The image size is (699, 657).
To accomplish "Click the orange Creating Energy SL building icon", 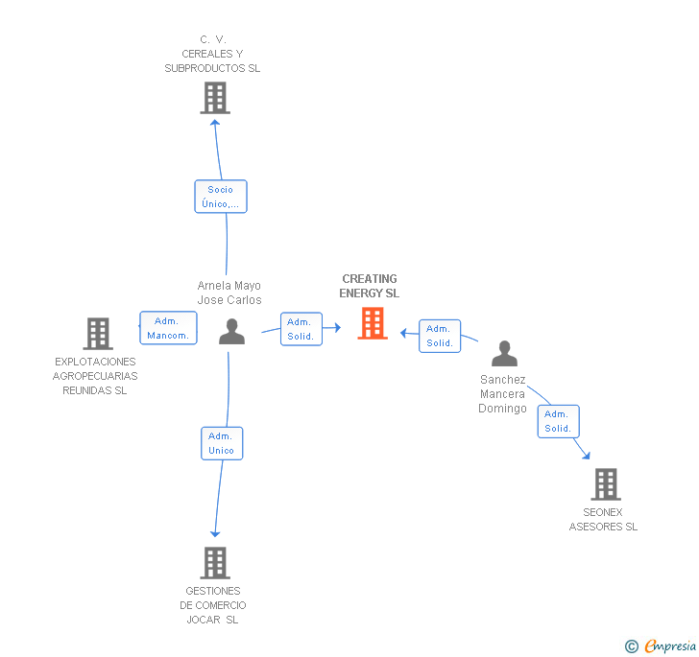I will coord(373,323).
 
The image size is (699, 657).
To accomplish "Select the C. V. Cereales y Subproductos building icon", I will coord(215,98).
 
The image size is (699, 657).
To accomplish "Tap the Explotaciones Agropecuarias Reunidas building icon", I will coord(97,334).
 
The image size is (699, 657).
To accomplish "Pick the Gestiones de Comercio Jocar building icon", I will coord(215,563).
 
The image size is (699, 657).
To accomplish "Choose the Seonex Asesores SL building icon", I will coord(605,484).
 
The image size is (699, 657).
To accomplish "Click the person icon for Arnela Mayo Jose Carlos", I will coord(231,332).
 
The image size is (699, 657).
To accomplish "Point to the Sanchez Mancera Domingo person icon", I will coord(504,354).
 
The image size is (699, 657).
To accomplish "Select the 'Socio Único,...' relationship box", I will coord(220,197).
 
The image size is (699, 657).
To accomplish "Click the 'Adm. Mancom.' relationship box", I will coord(168,328).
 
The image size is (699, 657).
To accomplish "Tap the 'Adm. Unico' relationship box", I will coord(221,443).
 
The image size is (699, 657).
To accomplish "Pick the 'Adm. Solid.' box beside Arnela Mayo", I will coord(301,329).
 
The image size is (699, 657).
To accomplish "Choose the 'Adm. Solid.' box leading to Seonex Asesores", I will coord(558,422).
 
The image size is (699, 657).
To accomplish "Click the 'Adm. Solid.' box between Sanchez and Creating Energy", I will coord(440,336).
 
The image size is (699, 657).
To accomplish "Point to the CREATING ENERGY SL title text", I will coord(370,286).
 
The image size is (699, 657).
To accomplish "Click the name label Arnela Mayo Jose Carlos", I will coord(229,293).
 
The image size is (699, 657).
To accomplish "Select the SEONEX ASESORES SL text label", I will coord(603,519).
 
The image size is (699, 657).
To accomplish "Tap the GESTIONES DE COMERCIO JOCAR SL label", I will coord(213,605).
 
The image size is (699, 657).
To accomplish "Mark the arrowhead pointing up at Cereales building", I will coord(215,120).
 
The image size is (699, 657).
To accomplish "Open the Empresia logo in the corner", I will coord(662,645).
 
